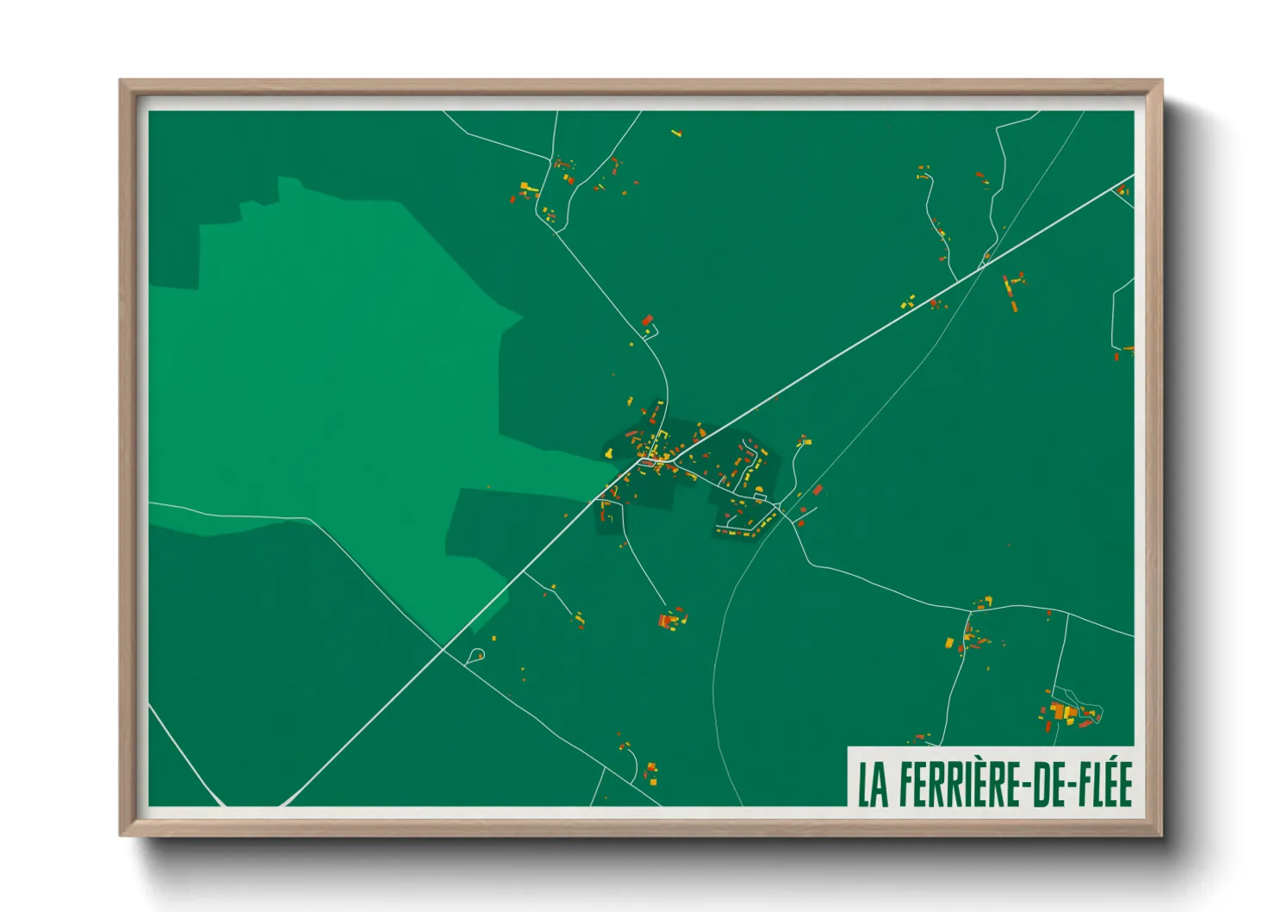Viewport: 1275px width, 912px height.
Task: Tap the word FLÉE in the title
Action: click(x=1105, y=784)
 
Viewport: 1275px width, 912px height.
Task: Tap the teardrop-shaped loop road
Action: click(x=476, y=655)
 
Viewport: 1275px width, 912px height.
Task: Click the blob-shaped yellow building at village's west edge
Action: click(x=608, y=452)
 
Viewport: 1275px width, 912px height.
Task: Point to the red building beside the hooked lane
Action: click(x=648, y=321)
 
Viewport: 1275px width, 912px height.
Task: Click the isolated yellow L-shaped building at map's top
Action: click(x=676, y=133)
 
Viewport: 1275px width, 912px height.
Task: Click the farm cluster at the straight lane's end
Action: click(x=672, y=618)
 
